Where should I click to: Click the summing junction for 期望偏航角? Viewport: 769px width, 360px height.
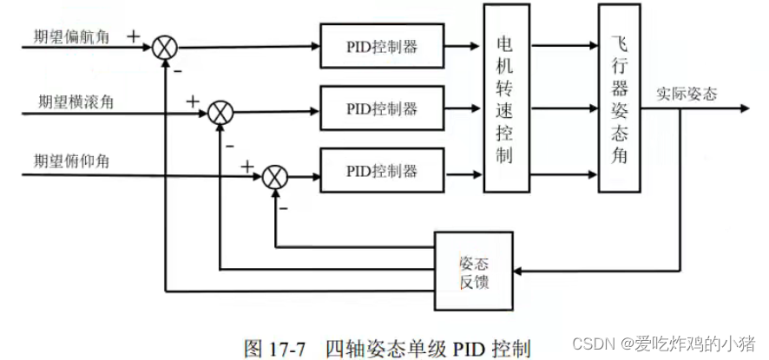164,49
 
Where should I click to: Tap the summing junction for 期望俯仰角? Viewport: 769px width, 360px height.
275,174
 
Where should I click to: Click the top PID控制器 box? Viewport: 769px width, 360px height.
382,46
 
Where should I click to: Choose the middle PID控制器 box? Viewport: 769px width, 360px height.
382,108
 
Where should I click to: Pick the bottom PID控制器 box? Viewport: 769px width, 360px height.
382,170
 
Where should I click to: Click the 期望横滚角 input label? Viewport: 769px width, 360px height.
75,101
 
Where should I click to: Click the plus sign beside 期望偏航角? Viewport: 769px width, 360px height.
133,36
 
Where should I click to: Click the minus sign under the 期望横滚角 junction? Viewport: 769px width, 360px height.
230,145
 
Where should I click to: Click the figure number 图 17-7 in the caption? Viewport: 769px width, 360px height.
275,348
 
